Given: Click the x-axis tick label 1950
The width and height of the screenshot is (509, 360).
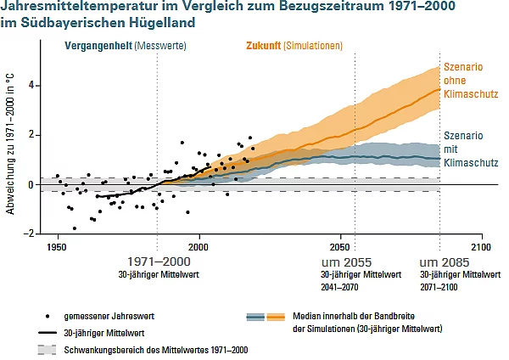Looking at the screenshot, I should pos(57,246).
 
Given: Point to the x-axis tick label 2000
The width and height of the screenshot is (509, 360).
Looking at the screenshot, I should pos(199,246).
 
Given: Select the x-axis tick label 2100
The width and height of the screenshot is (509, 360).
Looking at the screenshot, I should pos(481,246).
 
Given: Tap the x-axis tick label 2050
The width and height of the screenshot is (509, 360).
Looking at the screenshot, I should pos(340,246).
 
